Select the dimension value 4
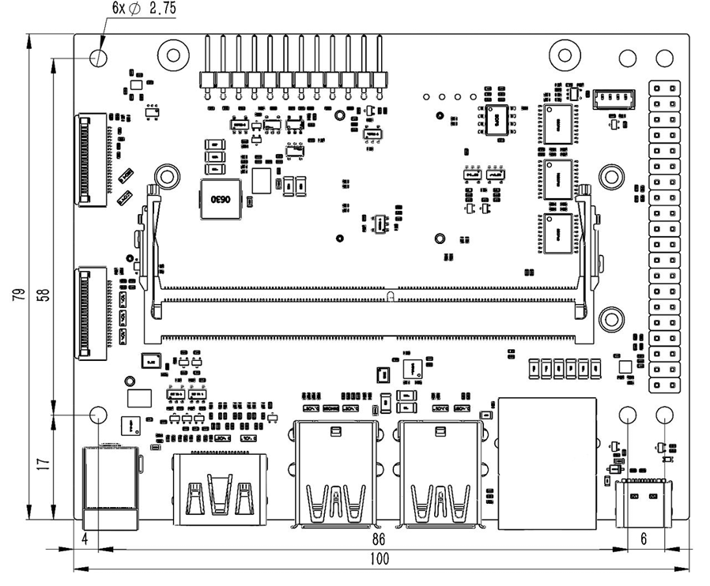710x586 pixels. coord(85,540)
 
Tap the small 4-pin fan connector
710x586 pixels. coord(613,98)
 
